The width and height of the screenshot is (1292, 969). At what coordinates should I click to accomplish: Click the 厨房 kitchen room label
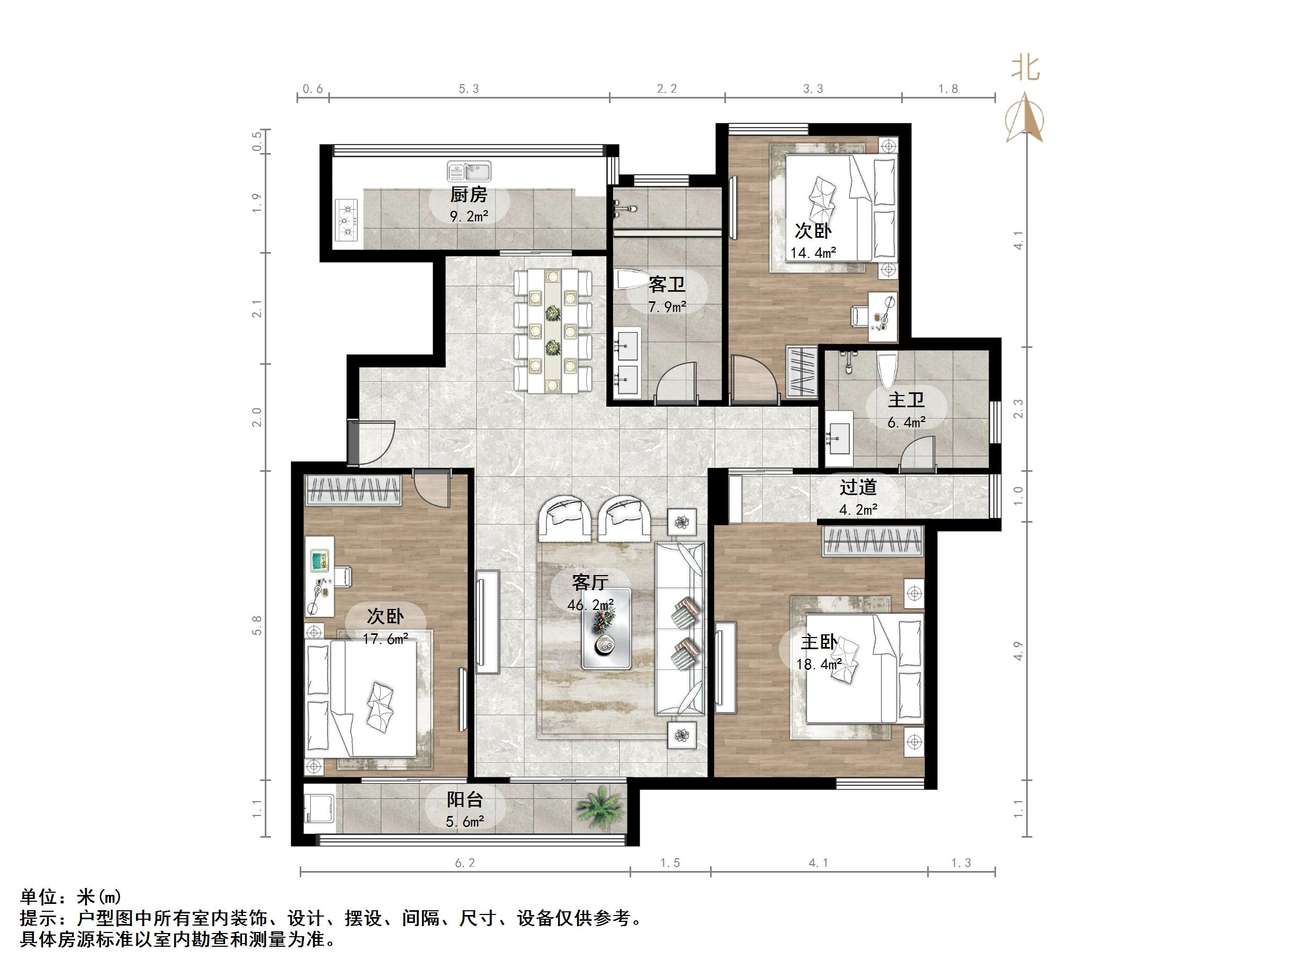(x=469, y=194)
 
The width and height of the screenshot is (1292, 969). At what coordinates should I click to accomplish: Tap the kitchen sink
(x=469, y=172)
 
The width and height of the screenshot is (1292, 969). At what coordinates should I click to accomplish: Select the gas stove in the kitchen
(x=347, y=221)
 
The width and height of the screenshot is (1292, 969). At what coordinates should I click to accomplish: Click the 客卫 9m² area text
(x=667, y=307)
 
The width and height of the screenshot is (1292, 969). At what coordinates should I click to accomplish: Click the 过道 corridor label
(x=858, y=487)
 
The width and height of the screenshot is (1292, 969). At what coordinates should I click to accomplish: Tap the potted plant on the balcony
(x=598, y=808)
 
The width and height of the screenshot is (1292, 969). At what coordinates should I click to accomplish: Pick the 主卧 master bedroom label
(x=818, y=642)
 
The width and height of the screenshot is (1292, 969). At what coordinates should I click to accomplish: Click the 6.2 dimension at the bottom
(x=465, y=863)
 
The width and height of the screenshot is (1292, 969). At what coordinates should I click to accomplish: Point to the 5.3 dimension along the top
(x=469, y=89)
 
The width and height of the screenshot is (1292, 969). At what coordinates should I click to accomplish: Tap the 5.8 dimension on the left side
(x=257, y=625)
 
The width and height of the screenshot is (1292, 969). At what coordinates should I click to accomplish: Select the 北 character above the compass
(x=1026, y=68)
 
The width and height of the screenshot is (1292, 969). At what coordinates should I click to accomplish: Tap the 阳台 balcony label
(x=465, y=800)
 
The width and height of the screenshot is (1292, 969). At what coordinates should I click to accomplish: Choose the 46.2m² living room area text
(x=590, y=605)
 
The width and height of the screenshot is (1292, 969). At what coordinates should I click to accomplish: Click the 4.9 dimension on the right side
(x=1018, y=651)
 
